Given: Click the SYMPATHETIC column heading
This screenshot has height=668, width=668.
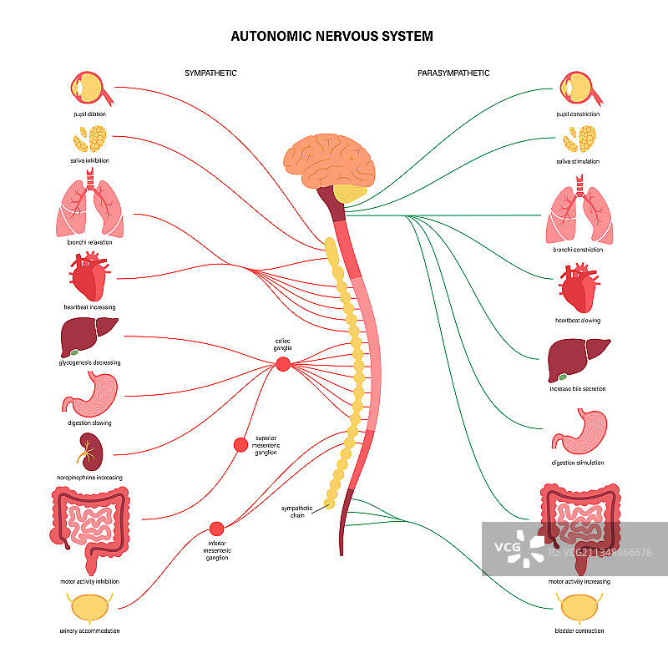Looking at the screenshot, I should [x=210, y=73].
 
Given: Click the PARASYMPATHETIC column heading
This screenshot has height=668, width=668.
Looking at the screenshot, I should [x=453, y=73].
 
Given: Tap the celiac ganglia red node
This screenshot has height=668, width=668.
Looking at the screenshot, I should [x=283, y=363].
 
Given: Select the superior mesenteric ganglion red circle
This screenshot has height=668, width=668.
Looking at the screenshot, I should [x=241, y=445].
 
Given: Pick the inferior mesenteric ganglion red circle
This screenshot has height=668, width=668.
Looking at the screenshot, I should [x=217, y=528].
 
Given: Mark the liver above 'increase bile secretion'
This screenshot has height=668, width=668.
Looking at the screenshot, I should [x=577, y=357].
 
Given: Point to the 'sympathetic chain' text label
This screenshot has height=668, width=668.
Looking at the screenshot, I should [x=296, y=510].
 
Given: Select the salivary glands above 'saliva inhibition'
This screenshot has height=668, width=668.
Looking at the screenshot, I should [x=90, y=138].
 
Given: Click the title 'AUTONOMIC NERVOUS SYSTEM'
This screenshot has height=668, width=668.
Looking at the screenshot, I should [x=331, y=37].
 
